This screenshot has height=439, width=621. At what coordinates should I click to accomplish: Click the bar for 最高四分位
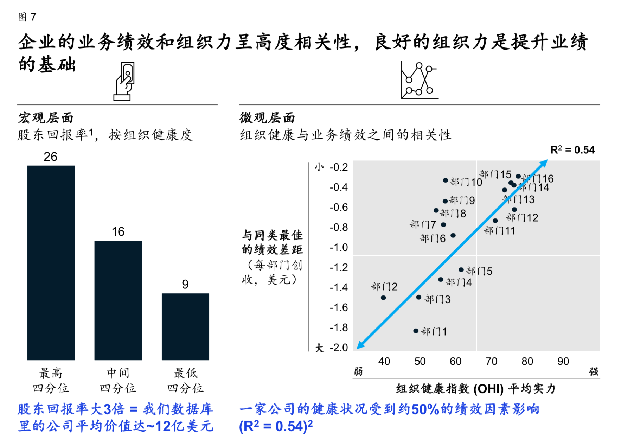(x=51, y=262)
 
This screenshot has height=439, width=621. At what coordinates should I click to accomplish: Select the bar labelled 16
(x=118, y=300)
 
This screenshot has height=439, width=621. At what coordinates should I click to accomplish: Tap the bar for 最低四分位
(x=185, y=326)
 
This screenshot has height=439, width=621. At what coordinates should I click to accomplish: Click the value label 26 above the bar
(x=50, y=157)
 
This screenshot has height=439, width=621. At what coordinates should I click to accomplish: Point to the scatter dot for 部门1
(x=416, y=331)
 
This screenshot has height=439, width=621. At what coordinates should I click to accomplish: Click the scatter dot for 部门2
(x=383, y=298)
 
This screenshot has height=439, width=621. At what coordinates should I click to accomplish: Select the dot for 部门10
(x=445, y=180)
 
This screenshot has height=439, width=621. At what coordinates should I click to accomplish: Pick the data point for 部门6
(x=453, y=235)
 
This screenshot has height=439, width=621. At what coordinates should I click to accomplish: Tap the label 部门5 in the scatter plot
(x=479, y=271)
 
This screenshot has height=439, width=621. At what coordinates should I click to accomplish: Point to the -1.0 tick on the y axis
(x=339, y=247)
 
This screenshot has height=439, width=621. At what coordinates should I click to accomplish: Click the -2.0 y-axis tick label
(x=339, y=348)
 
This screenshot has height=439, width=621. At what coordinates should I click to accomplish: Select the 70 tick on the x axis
(x=491, y=361)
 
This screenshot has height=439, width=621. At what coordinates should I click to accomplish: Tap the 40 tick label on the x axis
(x=384, y=361)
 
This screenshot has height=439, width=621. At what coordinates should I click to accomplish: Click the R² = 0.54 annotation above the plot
(x=572, y=150)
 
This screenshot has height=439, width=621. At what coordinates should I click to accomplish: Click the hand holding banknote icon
(x=124, y=81)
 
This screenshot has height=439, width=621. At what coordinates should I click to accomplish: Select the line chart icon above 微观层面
(x=419, y=81)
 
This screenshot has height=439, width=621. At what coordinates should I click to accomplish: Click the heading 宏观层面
(x=46, y=118)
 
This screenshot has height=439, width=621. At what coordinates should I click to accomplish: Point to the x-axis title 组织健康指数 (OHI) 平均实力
(x=476, y=389)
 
